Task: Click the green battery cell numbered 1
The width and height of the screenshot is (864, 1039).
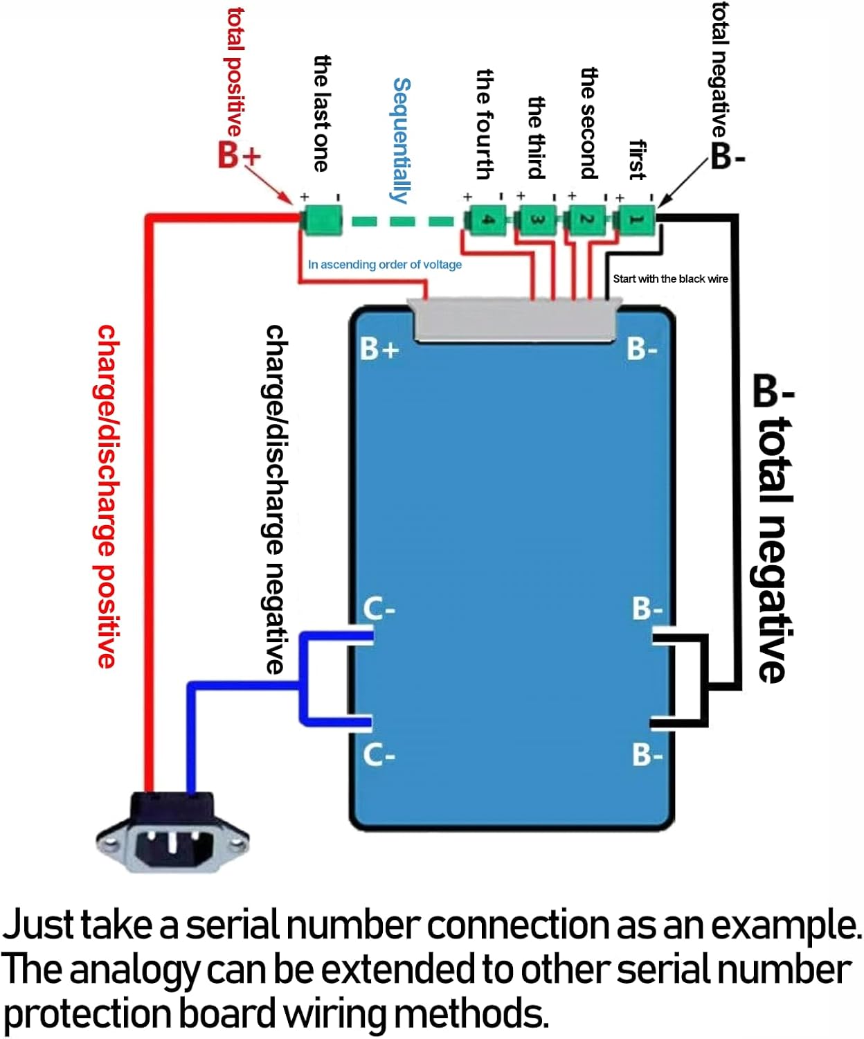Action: (x=636, y=220)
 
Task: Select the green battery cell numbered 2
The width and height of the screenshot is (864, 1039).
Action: (x=586, y=220)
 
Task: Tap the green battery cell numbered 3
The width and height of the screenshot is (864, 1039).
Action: (x=537, y=220)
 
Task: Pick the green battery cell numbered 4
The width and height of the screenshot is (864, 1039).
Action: (x=487, y=220)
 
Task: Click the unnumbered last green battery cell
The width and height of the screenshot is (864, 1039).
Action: (x=321, y=220)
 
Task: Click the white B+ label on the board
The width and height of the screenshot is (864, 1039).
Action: (x=379, y=348)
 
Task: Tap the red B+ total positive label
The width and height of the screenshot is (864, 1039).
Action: (x=239, y=154)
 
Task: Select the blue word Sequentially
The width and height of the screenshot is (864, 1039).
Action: (x=402, y=140)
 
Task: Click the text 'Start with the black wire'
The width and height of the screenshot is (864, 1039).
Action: (x=669, y=278)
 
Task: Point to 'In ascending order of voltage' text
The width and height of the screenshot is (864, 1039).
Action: (x=384, y=265)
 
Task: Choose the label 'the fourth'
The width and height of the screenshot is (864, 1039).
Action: (x=485, y=125)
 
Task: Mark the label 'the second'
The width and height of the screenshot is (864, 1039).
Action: (x=588, y=123)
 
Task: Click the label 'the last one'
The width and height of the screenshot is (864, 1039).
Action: (x=321, y=114)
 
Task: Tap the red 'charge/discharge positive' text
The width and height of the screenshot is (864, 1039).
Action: (x=106, y=495)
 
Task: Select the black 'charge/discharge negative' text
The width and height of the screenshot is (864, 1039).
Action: (x=276, y=499)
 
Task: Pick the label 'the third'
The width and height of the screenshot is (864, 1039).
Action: (x=537, y=137)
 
